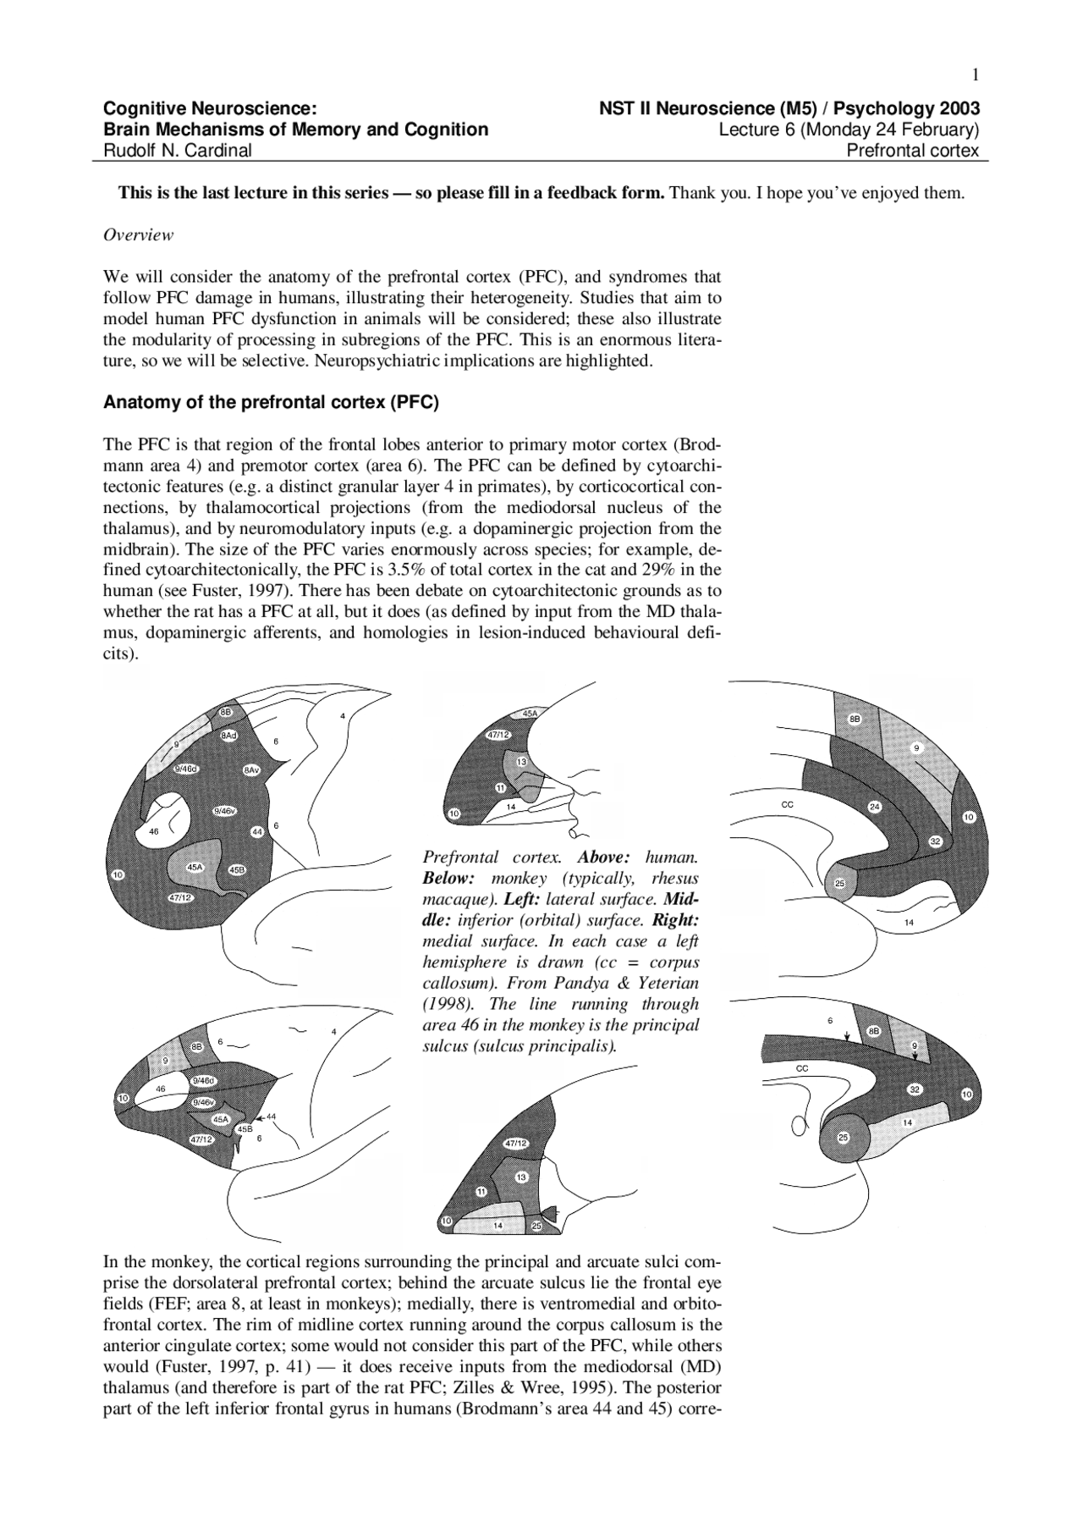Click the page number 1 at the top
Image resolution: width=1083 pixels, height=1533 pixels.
[976, 76]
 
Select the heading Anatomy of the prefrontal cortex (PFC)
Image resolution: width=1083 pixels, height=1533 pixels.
[271, 402]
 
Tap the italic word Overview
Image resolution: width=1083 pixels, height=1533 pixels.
[138, 235]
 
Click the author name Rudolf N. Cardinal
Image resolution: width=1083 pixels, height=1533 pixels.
[178, 152]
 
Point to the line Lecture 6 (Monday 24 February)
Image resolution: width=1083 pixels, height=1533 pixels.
[849, 130]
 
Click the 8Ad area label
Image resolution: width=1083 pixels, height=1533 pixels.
[228, 736]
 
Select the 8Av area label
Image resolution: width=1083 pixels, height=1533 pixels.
[251, 769]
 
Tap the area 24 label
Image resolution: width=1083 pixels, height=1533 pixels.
[875, 807]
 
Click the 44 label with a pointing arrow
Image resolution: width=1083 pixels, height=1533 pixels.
[271, 1117]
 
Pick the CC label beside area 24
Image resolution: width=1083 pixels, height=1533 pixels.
[787, 804]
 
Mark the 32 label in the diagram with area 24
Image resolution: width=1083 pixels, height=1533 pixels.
[936, 841]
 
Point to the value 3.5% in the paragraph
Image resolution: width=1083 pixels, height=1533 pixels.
[404, 570]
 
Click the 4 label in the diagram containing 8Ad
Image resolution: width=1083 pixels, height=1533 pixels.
[343, 716]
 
